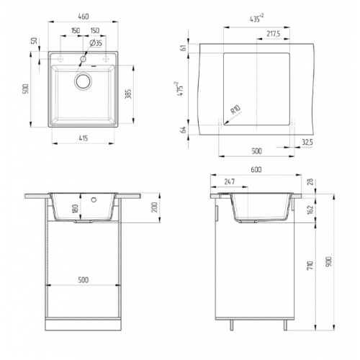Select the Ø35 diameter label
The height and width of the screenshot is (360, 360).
coord(96,43)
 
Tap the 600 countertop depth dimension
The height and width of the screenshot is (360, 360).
coord(256,170)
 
